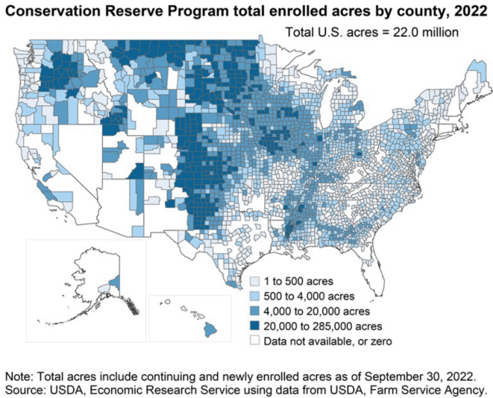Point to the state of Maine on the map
coord(472,83)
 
